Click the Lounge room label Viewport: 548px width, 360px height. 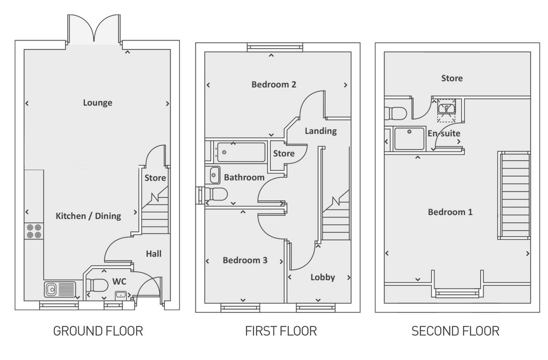[97, 103]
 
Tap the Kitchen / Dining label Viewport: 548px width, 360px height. [88, 216]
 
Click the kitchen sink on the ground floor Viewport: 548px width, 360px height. [59, 289]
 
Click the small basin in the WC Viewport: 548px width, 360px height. [121, 294]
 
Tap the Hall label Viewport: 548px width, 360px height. [153, 254]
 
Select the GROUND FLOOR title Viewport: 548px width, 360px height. [98, 331]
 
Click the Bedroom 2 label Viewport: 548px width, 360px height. [274, 85]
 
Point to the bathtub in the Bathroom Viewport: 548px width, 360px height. [241, 152]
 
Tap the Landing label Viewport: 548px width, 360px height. [321, 131]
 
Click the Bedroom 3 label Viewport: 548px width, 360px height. [245, 260]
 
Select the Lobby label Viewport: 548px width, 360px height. [323, 277]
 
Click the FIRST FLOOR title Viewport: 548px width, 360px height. [281, 331]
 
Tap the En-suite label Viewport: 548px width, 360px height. [444, 134]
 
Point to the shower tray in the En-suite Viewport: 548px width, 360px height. [410, 138]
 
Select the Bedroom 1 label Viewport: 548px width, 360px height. [450, 212]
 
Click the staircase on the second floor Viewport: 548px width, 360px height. [514, 196]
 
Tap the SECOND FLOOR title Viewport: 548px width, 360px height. [455, 331]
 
